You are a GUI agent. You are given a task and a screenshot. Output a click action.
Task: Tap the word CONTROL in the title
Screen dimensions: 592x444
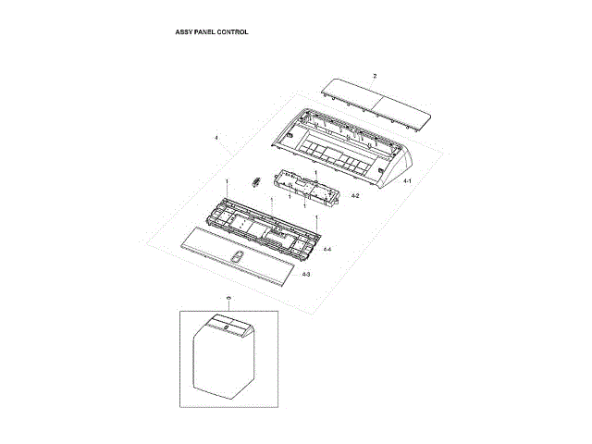[x=234, y=32]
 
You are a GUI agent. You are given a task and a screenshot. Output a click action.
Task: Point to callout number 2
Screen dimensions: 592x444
[x=375, y=74]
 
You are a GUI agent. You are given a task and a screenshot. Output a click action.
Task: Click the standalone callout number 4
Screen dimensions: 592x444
[x=216, y=138]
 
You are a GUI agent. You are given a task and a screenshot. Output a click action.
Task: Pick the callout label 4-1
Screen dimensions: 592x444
[x=408, y=183]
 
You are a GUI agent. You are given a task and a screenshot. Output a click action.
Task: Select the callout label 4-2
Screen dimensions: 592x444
[x=355, y=197]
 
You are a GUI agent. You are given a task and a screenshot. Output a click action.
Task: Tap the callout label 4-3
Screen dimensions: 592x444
[x=306, y=275]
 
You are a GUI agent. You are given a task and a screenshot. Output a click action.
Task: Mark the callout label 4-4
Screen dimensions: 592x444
[x=327, y=249]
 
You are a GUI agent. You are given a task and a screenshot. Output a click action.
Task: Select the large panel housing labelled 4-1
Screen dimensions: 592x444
[x=342, y=148]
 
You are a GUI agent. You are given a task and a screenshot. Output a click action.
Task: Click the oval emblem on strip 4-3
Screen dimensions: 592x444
[x=239, y=258]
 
